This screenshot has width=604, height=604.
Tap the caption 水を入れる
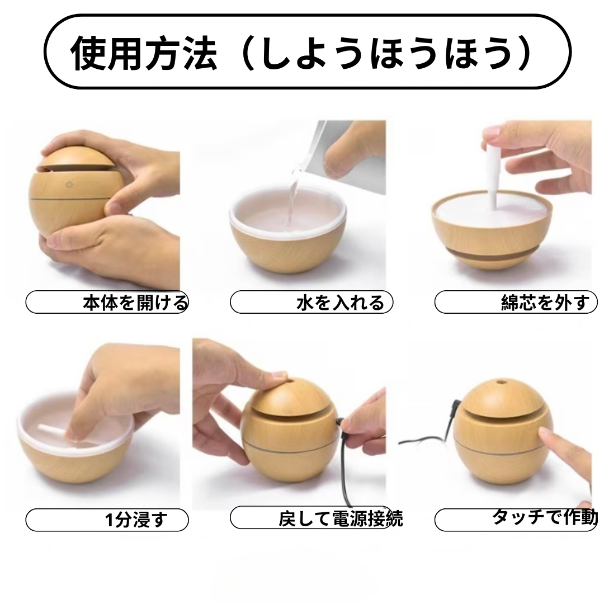[x=340, y=303]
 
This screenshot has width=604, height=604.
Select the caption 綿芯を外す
[x=545, y=303]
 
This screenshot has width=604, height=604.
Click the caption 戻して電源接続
[x=340, y=518]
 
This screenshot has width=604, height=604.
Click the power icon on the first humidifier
[x=69, y=183]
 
